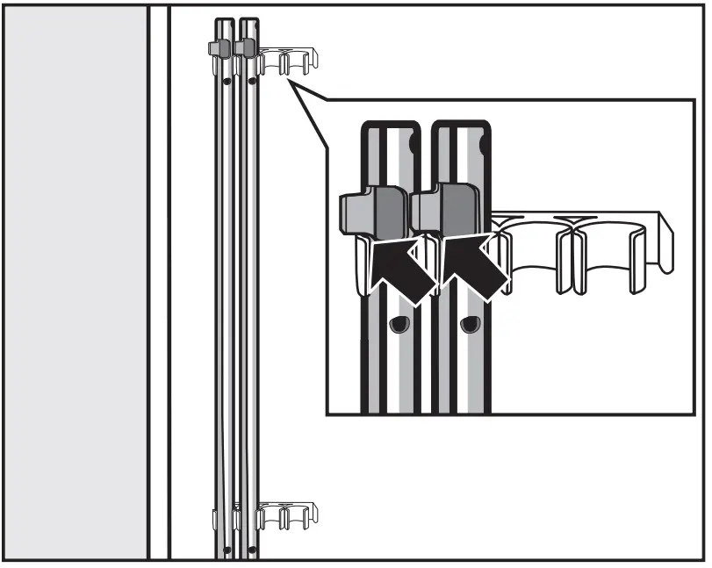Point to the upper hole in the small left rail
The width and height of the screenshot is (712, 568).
[227, 81]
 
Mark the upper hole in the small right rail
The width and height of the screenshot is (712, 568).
[252, 82]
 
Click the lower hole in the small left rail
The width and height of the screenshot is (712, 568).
[227, 549]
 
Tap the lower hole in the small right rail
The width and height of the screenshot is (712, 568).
[252, 550]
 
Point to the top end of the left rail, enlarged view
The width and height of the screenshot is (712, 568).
[395, 128]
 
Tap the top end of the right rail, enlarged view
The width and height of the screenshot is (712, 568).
[465, 128]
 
